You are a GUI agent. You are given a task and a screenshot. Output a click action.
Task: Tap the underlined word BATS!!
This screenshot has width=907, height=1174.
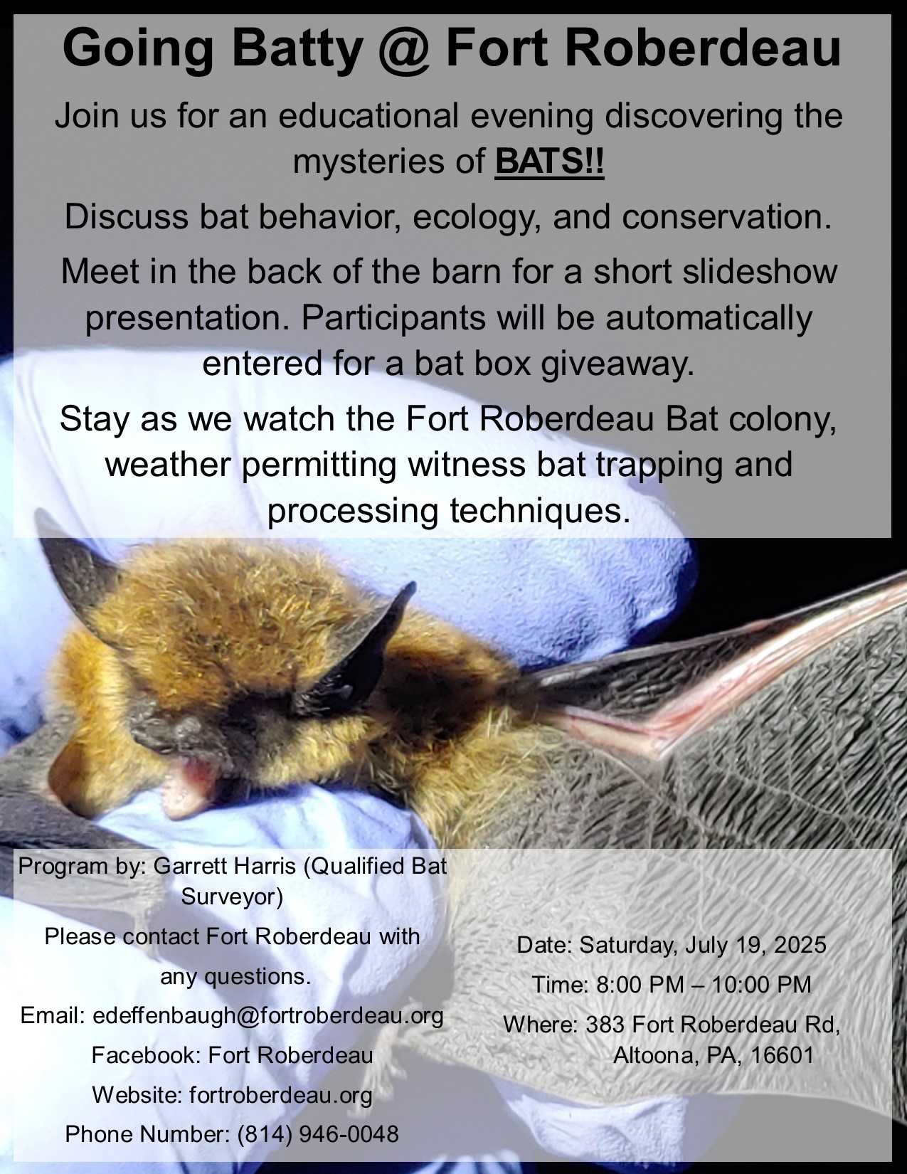click(x=549, y=161)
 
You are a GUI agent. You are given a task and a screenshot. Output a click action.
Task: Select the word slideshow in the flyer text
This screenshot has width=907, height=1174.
click(x=715, y=271)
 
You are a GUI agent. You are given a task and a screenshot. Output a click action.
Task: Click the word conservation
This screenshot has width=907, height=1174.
click(x=726, y=217)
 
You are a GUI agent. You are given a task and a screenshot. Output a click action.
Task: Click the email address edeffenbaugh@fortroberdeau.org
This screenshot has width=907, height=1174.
click(x=268, y=1016)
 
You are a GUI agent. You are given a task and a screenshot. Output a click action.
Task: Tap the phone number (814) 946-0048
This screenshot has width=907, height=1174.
click(x=318, y=1134)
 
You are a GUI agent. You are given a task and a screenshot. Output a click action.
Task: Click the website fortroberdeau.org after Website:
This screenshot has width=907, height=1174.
click(x=281, y=1094)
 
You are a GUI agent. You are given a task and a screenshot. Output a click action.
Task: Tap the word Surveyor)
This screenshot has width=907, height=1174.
click(x=233, y=897)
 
